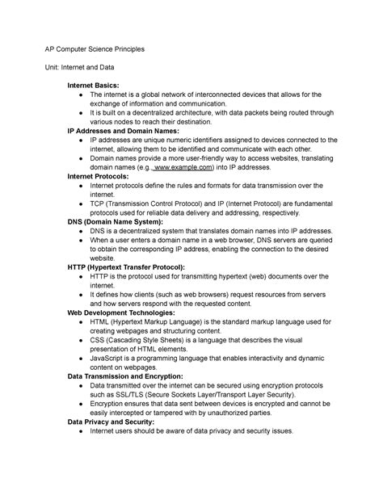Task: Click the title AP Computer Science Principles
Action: point(95,48)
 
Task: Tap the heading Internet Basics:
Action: point(93,85)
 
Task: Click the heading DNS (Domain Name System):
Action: point(116,221)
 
